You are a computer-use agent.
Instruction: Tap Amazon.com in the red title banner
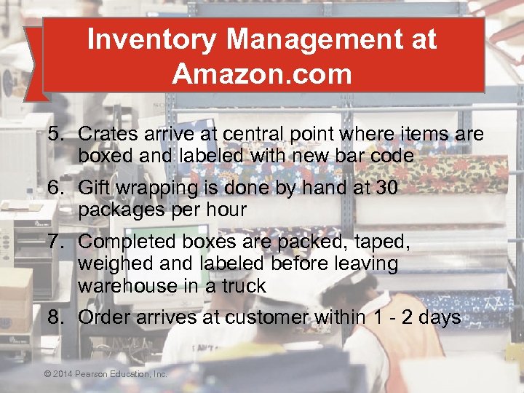pyautogui.click(x=262, y=74)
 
